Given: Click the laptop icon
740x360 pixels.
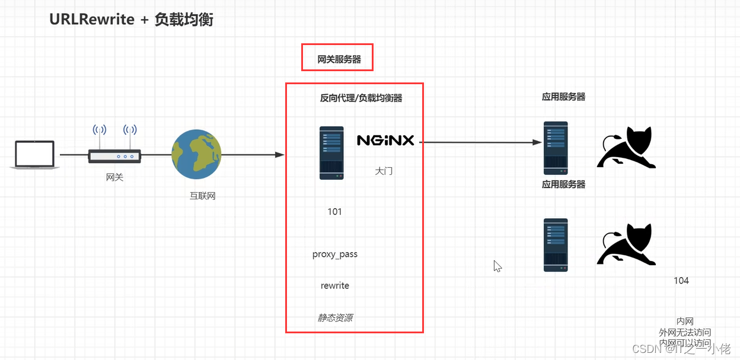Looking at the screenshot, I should coord(34,155).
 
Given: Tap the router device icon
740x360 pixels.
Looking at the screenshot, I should coord(114,155).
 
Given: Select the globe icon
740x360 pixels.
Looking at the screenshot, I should coord(196,154).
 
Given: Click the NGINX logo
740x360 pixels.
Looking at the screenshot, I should coord(385,141).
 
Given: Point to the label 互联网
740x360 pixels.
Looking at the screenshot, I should coord(202,196).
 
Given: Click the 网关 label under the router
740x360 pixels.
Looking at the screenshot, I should coord(114,177).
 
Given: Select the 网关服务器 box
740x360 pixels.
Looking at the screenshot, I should coord(337,58).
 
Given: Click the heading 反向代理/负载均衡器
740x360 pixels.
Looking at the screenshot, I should coord(361,98).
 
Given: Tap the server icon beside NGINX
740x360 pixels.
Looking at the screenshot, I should coord(331,152).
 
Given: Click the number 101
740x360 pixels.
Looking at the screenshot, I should coord(334,212).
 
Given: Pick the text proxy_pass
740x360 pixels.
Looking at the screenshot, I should coord(335,254).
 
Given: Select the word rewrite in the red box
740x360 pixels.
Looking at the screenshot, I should coord(335,285).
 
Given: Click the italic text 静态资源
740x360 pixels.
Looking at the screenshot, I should coord(335,318).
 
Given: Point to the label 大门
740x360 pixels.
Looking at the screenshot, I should coord(384,171).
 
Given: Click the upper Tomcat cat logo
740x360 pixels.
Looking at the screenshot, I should coord(626,148).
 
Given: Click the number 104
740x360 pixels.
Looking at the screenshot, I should coord(681,281).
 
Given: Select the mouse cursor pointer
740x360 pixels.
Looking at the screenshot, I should coord(497,266).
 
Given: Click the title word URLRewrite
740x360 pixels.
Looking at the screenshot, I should coord(91,20).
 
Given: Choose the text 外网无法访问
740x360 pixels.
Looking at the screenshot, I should coord(685,332).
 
